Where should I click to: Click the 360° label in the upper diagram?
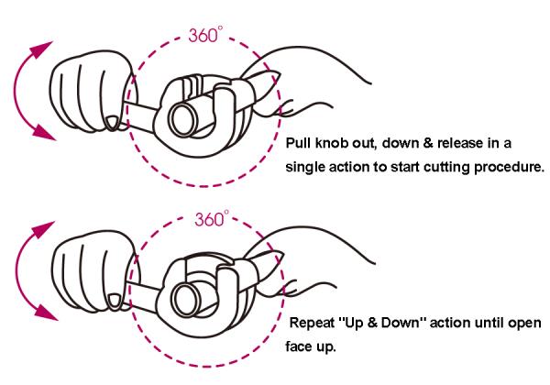click(205, 35)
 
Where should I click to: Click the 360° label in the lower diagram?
click(212, 219)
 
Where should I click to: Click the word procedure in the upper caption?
click(509, 167)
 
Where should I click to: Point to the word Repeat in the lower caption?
click(313, 323)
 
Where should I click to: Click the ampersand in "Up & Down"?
click(372, 323)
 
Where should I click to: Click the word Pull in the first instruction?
click(299, 143)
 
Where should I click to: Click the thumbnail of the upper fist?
click(112, 124)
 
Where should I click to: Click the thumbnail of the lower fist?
click(115, 302)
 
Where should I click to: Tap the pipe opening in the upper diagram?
click(182, 119)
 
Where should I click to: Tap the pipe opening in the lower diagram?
click(185, 298)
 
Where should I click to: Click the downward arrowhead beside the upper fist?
click(44, 133)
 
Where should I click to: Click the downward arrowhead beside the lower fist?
click(47, 313)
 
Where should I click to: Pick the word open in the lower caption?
click(524, 324)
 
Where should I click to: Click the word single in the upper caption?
click(304, 167)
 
